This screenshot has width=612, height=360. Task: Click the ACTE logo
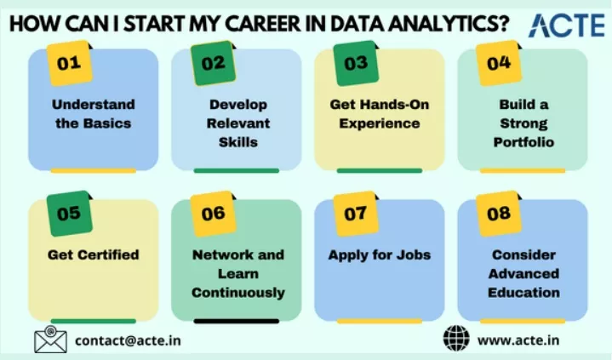pos(566,25)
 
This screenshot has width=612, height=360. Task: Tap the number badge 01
pos(70,63)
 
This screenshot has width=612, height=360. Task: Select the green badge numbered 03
pos(356,63)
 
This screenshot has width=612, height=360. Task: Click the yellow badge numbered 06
pos(213,214)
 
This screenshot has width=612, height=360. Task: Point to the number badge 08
pos(499,214)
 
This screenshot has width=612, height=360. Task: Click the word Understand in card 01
pos(94,105)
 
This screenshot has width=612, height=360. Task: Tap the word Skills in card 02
pos(238,142)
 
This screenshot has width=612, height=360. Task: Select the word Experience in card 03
pos(380,123)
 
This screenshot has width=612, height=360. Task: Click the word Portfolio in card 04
pos(523,142)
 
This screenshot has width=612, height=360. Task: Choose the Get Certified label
pos(94,255)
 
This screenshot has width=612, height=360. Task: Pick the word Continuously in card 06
pos(238,293)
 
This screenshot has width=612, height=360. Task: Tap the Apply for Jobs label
pos(380,255)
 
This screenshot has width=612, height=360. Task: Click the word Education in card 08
pos(523,293)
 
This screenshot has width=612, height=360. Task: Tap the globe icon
pos(456,338)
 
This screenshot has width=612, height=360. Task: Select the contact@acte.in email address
pos(128,340)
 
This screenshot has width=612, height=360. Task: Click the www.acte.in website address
pos(518,340)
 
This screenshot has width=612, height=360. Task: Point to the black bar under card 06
pos(237,321)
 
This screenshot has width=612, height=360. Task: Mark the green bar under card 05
pos(94,321)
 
